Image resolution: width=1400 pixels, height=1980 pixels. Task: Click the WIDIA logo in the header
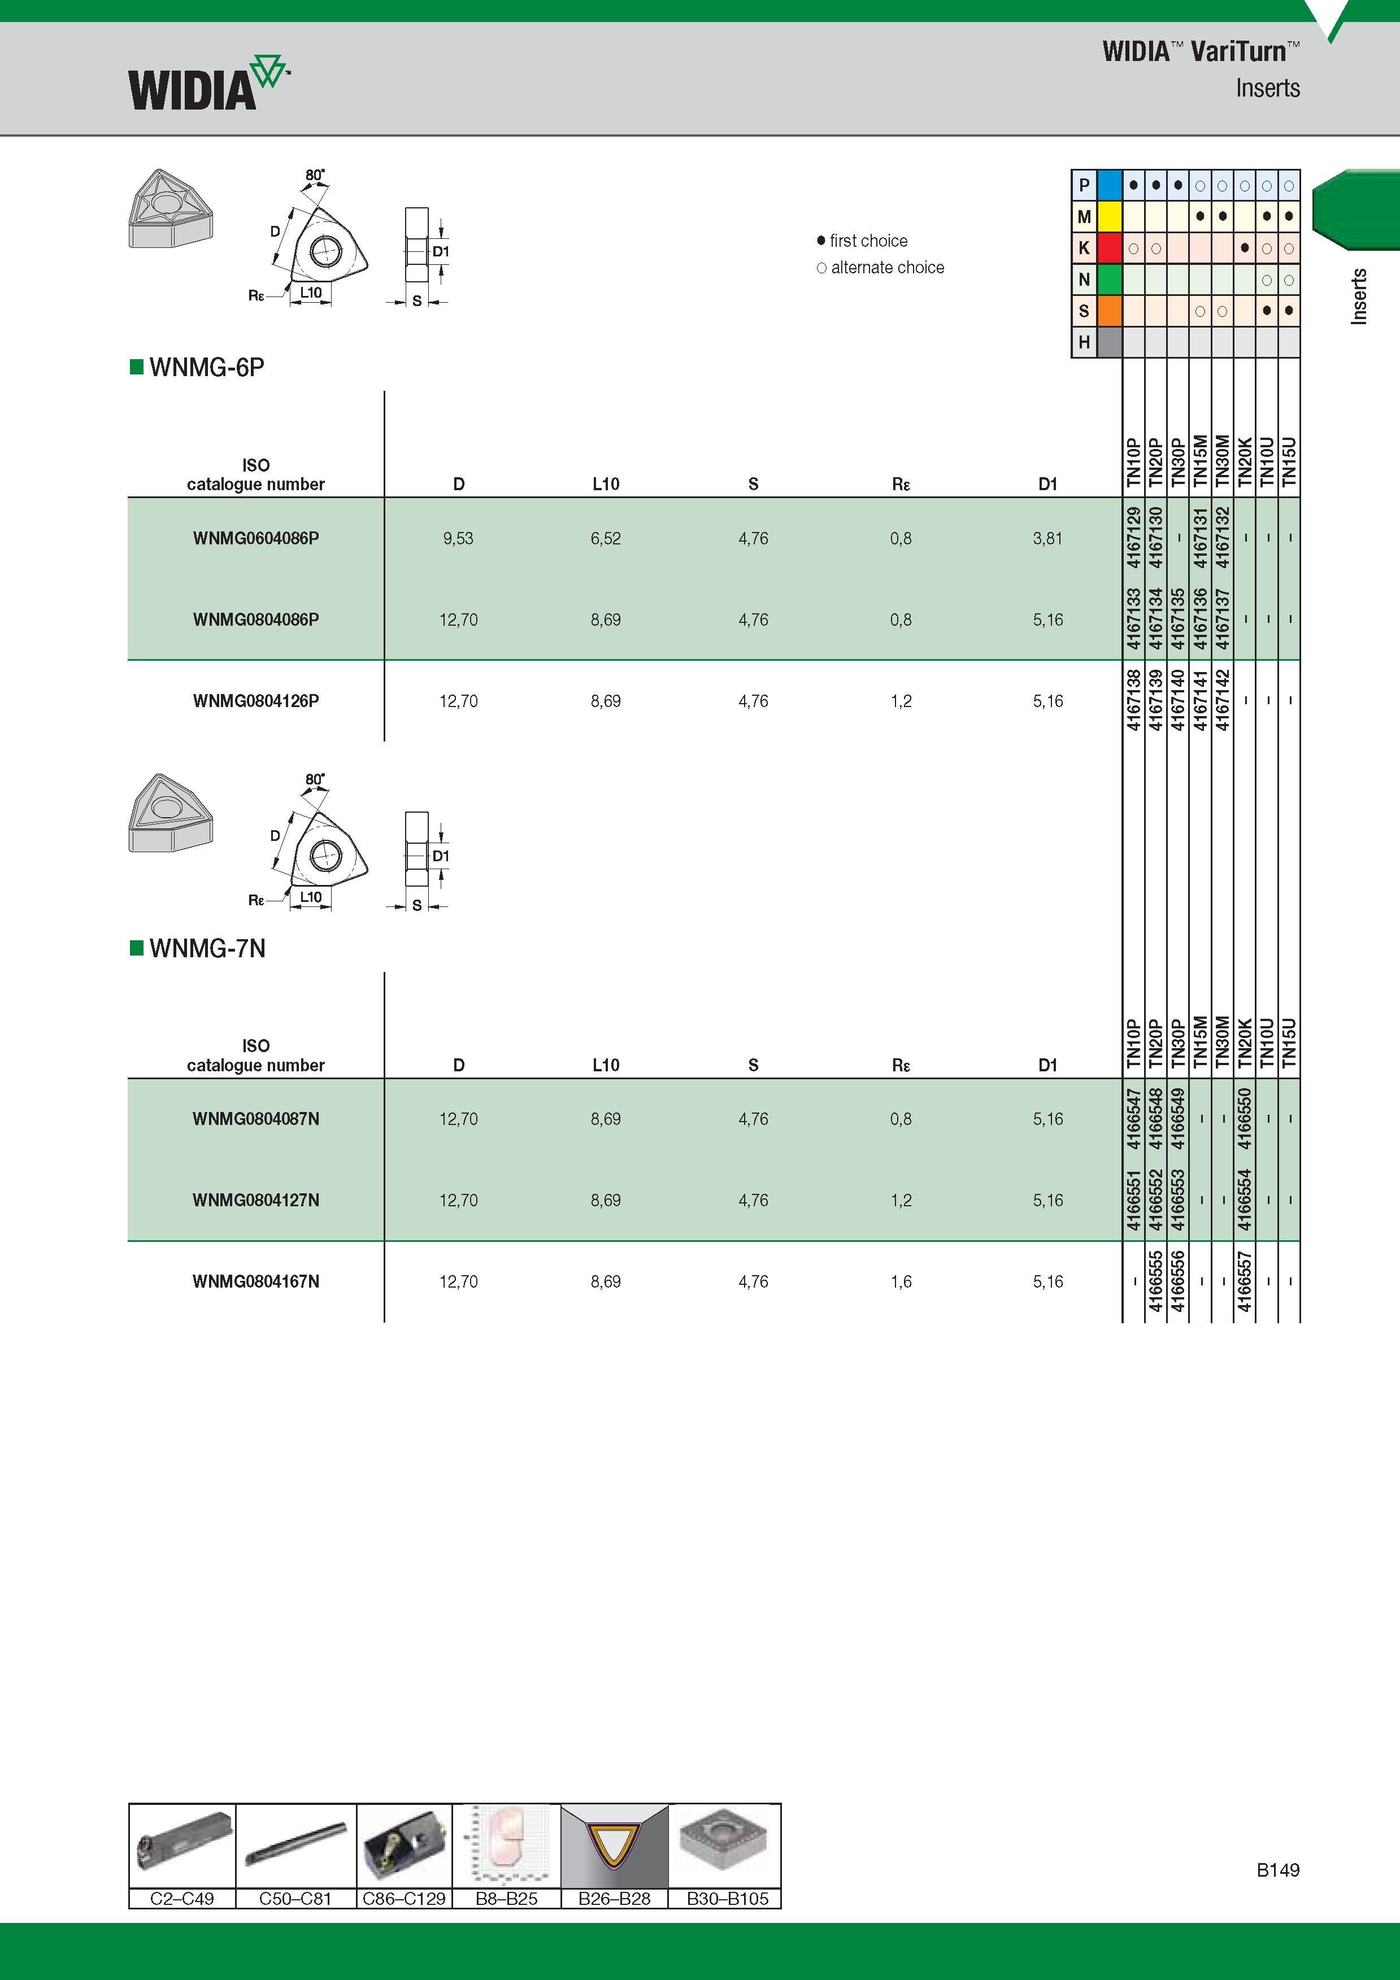click(x=208, y=84)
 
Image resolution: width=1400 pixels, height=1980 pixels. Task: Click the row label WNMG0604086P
click(x=256, y=538)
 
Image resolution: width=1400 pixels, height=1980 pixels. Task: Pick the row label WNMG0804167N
click(x=256, y=1281)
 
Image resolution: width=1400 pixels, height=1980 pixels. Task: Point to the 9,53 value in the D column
click(x=458, y=539)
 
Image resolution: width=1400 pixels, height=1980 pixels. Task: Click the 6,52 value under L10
click(x=606, y=539)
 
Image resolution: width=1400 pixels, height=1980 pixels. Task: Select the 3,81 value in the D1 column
click(x=1048, y=539)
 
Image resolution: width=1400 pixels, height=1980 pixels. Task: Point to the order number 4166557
click(x=1244, y=1281)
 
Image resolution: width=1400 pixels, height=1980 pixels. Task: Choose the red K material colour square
click(x=1110, y=248)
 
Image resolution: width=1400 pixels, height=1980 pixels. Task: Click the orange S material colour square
click(x=1110, y=311)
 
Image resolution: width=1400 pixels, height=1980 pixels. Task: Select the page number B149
click(x=1277, y=1870)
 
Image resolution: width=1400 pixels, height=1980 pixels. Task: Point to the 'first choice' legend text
click(x=868, y=241)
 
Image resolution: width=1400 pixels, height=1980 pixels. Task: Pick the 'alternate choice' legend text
click(x=888, y=267)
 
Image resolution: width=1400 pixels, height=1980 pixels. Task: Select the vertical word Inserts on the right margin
click(x=1359, y=296)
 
